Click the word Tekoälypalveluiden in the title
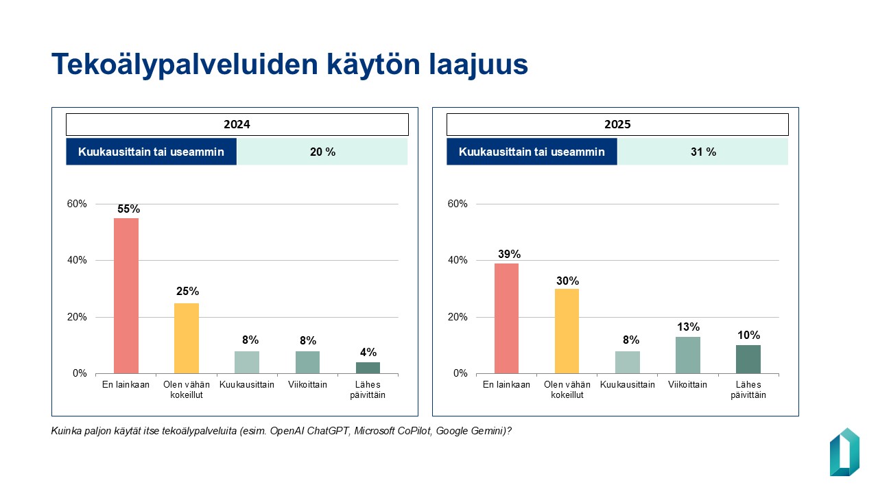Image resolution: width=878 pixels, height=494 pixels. tap(185, 64)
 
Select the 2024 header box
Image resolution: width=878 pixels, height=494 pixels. tap(237, 124)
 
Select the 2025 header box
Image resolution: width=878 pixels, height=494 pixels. tap(617, 124)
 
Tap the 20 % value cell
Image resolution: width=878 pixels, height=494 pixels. tap(322, 152)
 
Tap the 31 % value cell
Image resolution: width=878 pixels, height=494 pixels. tap(703, 152)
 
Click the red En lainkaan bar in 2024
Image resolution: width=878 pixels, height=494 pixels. tap(126, 296)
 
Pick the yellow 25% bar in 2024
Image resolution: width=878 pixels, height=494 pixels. tap(187, 338)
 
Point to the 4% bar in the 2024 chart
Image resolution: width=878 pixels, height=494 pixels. tap(368, 368)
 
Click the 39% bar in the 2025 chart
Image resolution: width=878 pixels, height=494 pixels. tap(506, 318)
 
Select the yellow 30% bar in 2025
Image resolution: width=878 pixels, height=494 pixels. tap(567, 331)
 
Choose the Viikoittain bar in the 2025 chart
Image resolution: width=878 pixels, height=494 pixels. tap(688, 355)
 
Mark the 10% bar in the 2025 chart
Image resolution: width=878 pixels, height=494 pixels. tap(748, 359)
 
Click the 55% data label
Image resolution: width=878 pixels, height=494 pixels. tap(128, 209)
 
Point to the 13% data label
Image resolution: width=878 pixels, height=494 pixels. tap(688, 327)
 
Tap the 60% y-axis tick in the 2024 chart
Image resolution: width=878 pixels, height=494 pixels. tap(76, 204)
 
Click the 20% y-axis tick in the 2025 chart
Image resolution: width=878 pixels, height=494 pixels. tap(458, 317)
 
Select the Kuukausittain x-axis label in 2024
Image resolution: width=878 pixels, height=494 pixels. tap(247, 384)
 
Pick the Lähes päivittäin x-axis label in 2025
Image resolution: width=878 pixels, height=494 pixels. tap(748, 389)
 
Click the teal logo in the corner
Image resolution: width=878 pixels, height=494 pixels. tap(844, 452)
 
